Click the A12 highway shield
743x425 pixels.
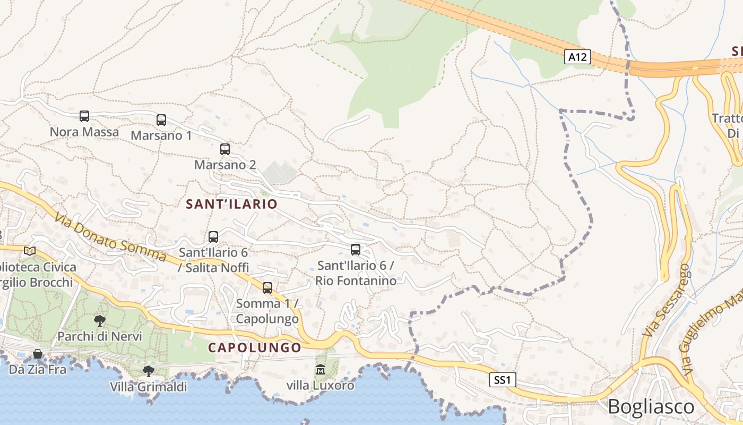(x=577, y=57)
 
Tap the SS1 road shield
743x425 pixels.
(x=502, y=380)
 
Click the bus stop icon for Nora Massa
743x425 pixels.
(x=84, y=116)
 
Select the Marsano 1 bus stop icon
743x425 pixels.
(x=161, y=120)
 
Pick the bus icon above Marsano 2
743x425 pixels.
(x=225, y=149)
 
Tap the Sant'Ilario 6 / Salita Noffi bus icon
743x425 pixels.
(x=213, y=237)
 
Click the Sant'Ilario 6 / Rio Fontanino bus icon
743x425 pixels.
(x=356, y=250)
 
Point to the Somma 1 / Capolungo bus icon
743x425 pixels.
(x=267, y=288)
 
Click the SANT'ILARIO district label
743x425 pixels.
(x=231, y=204)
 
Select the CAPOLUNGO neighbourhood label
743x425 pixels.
(x=254, y=347)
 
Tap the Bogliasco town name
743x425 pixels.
(x=651, y=407)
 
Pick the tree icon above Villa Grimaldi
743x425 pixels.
(x=149, y=371)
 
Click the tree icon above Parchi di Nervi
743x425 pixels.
(x=99, y=321)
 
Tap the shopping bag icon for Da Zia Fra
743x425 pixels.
(x=38, y=354)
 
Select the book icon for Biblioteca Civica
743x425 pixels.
(x=30, y=251)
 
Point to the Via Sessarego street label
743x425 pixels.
(x=666, y=300)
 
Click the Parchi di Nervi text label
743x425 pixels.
(x=100, y=336)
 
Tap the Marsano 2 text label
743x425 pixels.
(x=225, y=165)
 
